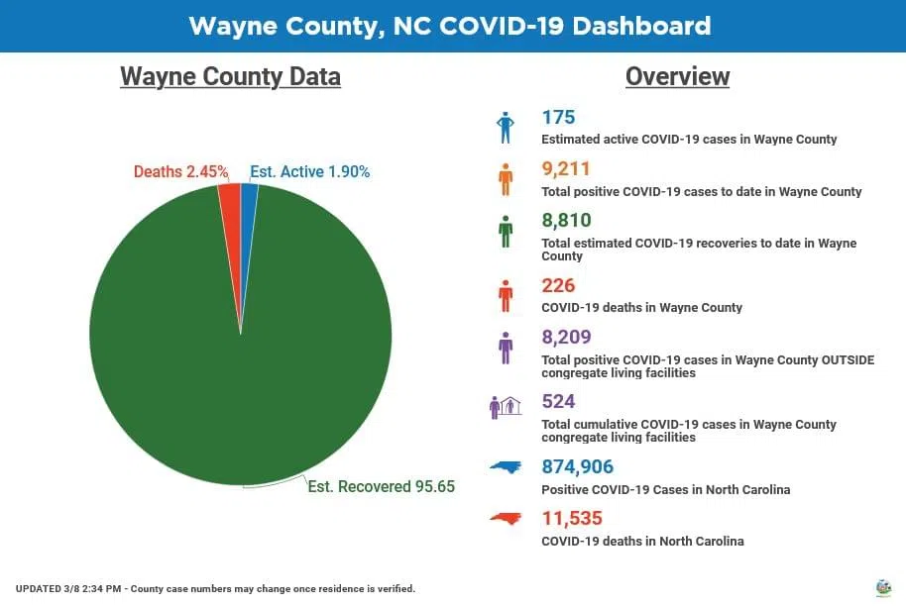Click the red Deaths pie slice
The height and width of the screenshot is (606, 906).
coord(230,198)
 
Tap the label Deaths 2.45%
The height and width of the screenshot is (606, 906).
coord(181,172)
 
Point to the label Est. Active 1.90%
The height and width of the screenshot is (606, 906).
coord(309,172)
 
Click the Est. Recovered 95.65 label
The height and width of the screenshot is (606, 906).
coord(381,487)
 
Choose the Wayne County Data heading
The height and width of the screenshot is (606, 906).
coord(230,77)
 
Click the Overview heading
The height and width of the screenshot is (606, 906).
coord(677,77)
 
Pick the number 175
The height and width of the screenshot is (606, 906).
coord(558,118)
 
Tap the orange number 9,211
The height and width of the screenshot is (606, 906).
coord(566,169)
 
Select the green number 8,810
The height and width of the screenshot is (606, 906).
coord(566,221)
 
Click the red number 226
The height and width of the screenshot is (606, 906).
coord(558,286)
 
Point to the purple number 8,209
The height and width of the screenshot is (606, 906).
coord(566,338)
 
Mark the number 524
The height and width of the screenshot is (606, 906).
coord(558,402)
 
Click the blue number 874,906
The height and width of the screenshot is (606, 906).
coord(577,466)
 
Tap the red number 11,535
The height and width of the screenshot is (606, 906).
coord(572,518)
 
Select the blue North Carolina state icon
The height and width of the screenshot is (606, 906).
coord(507,468)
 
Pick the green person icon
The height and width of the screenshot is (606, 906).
coord(506,231)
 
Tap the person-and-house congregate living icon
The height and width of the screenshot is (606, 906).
coord(506,407)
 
